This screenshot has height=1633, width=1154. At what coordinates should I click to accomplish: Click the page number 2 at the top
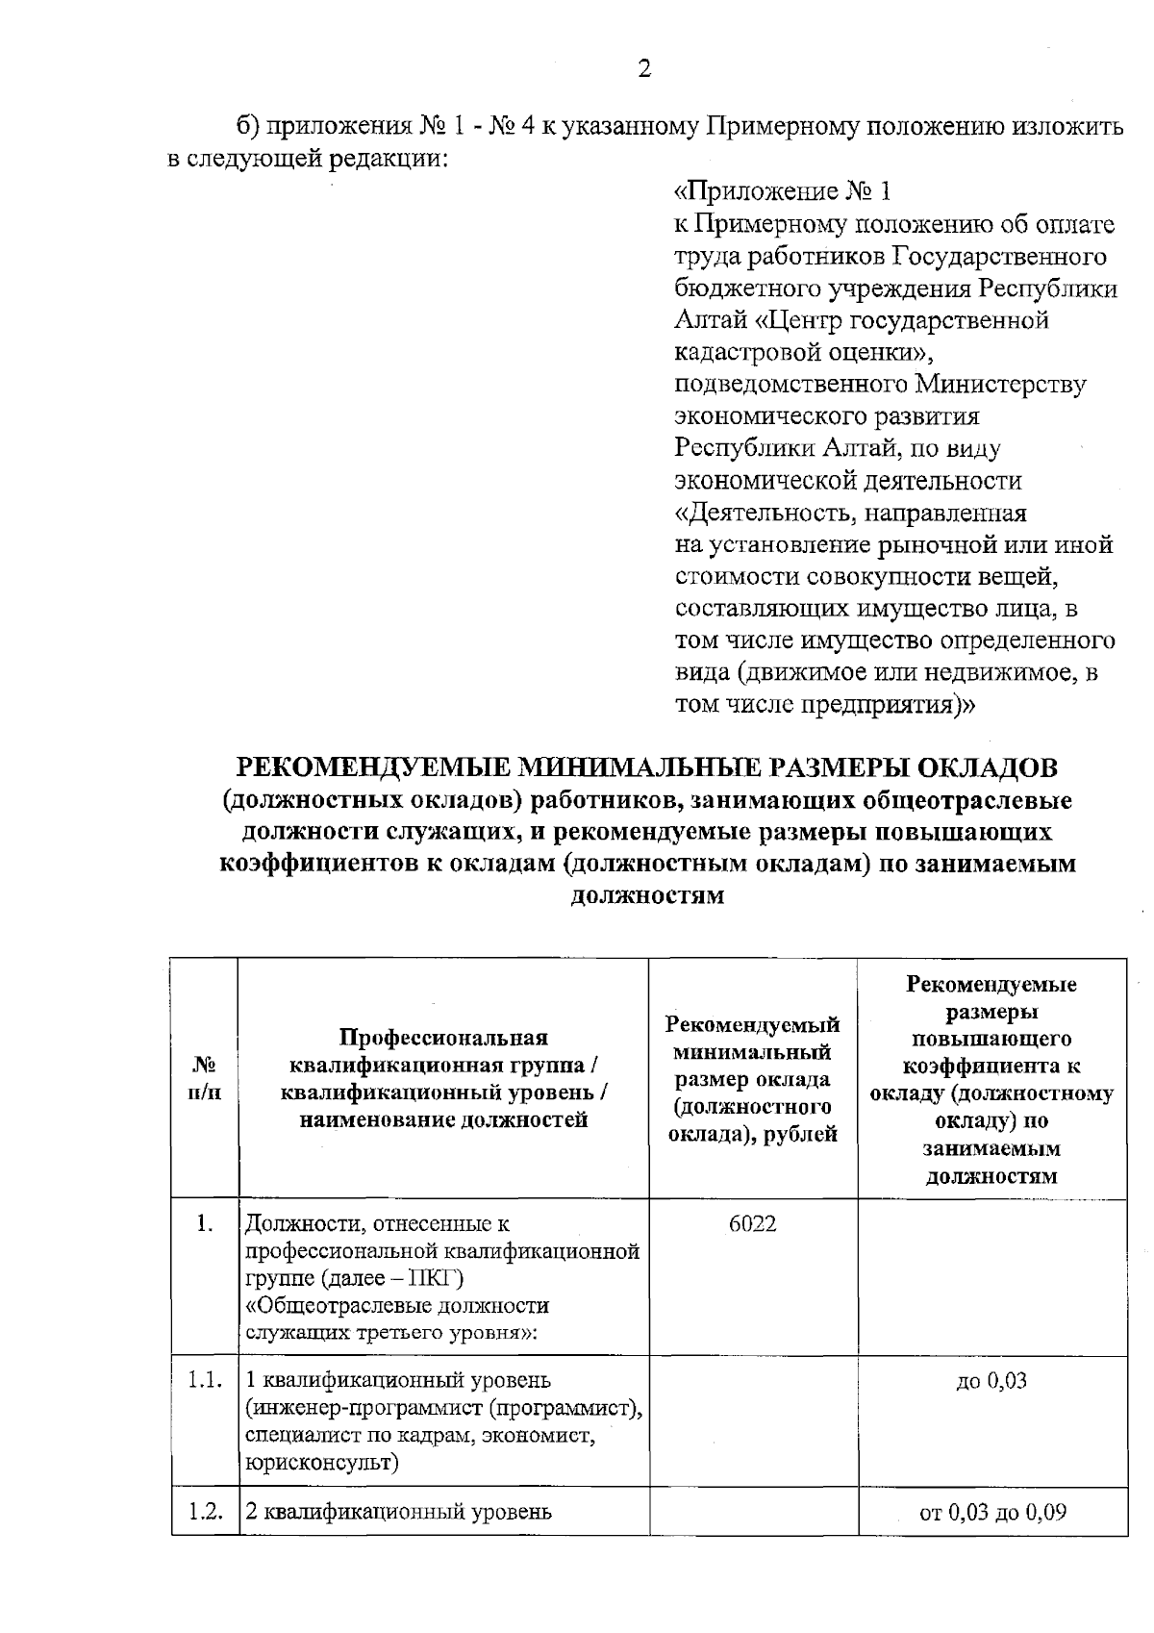tap(644, 68)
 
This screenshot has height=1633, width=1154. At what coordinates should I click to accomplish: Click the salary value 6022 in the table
tap(753, 1224)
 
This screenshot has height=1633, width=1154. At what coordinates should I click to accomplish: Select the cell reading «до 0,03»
tap(991, 1381)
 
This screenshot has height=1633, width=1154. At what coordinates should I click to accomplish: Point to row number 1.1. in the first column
tap(205, 1381)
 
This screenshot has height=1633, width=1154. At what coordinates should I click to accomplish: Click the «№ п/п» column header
tap(205, 1079)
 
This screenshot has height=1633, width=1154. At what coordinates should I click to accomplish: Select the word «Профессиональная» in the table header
tap(443, 1038)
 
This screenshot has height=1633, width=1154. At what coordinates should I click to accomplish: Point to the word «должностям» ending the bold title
tap(646, 897)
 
